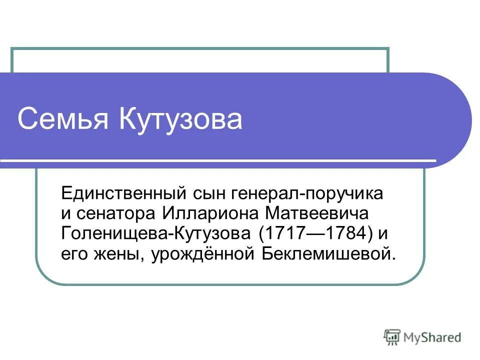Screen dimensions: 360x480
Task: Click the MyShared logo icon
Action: (392, 337)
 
